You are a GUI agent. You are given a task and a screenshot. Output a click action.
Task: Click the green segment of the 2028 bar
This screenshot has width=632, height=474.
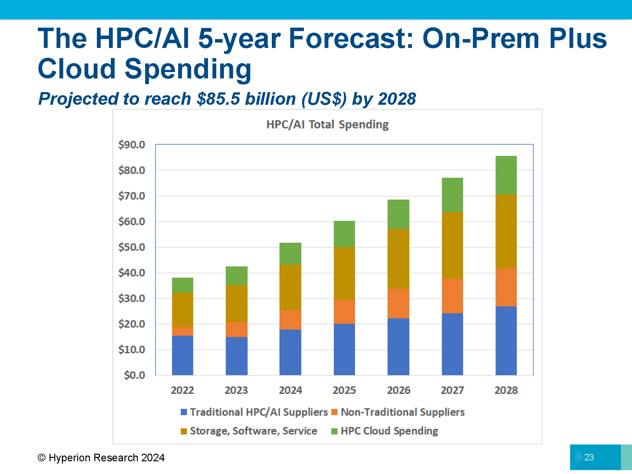pos(506,175)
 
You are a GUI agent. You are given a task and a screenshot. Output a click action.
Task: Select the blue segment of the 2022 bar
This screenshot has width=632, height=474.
pos(183,355)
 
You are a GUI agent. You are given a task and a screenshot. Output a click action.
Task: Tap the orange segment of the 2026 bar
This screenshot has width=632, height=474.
pos(398,304)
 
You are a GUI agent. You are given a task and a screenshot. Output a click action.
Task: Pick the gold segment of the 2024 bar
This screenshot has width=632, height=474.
pos(290,287)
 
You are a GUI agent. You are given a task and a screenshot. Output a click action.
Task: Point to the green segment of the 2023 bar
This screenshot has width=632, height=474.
pos(237,276)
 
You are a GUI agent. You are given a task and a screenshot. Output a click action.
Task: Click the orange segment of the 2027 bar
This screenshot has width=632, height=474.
pos(452,296)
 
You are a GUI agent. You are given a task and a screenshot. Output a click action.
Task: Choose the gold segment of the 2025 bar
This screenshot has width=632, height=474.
pos(344,273)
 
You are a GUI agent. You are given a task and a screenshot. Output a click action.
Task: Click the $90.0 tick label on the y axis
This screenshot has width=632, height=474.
pos(131,145)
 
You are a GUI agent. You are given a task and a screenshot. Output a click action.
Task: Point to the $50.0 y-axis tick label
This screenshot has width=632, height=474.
pos(131,247)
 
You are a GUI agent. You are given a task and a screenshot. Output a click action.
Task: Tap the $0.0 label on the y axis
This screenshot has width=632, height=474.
pos(134,375)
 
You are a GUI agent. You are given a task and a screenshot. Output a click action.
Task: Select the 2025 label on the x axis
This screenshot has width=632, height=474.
pos(344,390)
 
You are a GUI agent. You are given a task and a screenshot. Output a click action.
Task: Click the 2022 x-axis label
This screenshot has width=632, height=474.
pos(183,390)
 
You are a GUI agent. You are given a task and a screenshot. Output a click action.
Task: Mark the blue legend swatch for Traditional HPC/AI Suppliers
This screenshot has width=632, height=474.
pos(184,412)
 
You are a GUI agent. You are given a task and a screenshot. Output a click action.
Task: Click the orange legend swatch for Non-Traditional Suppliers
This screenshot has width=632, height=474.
pos(334,412)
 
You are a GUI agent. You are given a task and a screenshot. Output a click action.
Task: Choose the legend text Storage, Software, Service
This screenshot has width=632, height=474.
pos(253,431)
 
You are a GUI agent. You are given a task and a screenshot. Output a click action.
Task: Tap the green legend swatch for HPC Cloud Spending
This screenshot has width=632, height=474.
pos(334,431)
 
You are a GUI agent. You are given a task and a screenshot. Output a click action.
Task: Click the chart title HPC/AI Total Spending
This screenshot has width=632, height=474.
pos(327,124)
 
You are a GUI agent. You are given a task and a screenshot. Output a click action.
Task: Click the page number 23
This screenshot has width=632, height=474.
pos(589,457)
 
